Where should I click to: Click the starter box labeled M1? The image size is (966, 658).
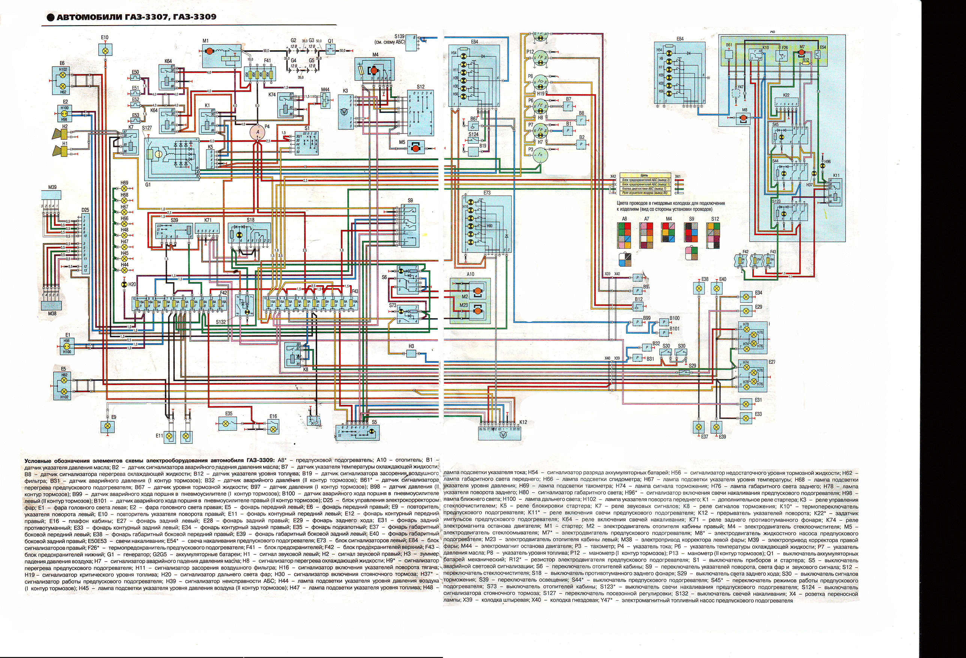pyautogui.click(x=220, y=55)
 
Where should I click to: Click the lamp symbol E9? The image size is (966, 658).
pyautogui.click(x=108, y=426)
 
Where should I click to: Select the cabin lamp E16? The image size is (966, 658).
pyautogui.click(x=273, y=426)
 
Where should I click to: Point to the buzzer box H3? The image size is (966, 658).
pyautogui.click(x=411, y=353)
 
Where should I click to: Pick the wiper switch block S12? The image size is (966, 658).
pyautogui.click(x=420, y=112)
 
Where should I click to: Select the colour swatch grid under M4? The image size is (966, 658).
pyautogui.click(x=668, y=232)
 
